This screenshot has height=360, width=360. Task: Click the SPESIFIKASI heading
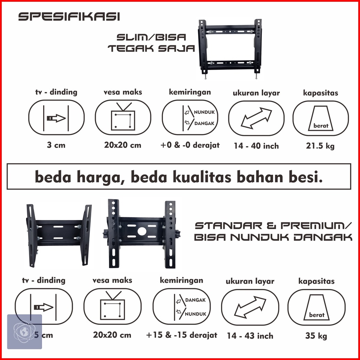point(69,17)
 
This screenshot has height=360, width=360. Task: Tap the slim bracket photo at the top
point(230,49)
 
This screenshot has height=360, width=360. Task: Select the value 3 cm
point(56,145)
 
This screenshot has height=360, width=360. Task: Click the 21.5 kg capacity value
point(320,146)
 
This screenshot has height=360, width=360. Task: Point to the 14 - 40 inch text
point(256,146)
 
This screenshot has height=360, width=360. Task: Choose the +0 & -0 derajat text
point(190,145)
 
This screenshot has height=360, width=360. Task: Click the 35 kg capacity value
point(316,336)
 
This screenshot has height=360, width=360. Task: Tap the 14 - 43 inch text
point(250,336)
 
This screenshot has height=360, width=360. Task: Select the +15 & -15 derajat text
point(181,335)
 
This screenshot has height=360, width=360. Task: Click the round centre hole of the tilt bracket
point(142,231)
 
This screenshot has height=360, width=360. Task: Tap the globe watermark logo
point(24,331)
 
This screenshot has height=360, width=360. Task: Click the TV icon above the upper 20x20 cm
point(123,117)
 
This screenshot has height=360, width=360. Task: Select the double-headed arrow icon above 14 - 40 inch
point(256,118)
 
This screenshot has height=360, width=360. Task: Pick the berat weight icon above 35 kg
point(316,307)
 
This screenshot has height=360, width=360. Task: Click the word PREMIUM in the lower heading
point(313,226)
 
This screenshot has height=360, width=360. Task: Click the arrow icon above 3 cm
point(56,118)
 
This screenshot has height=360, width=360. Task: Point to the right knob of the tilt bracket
point(178,234)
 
